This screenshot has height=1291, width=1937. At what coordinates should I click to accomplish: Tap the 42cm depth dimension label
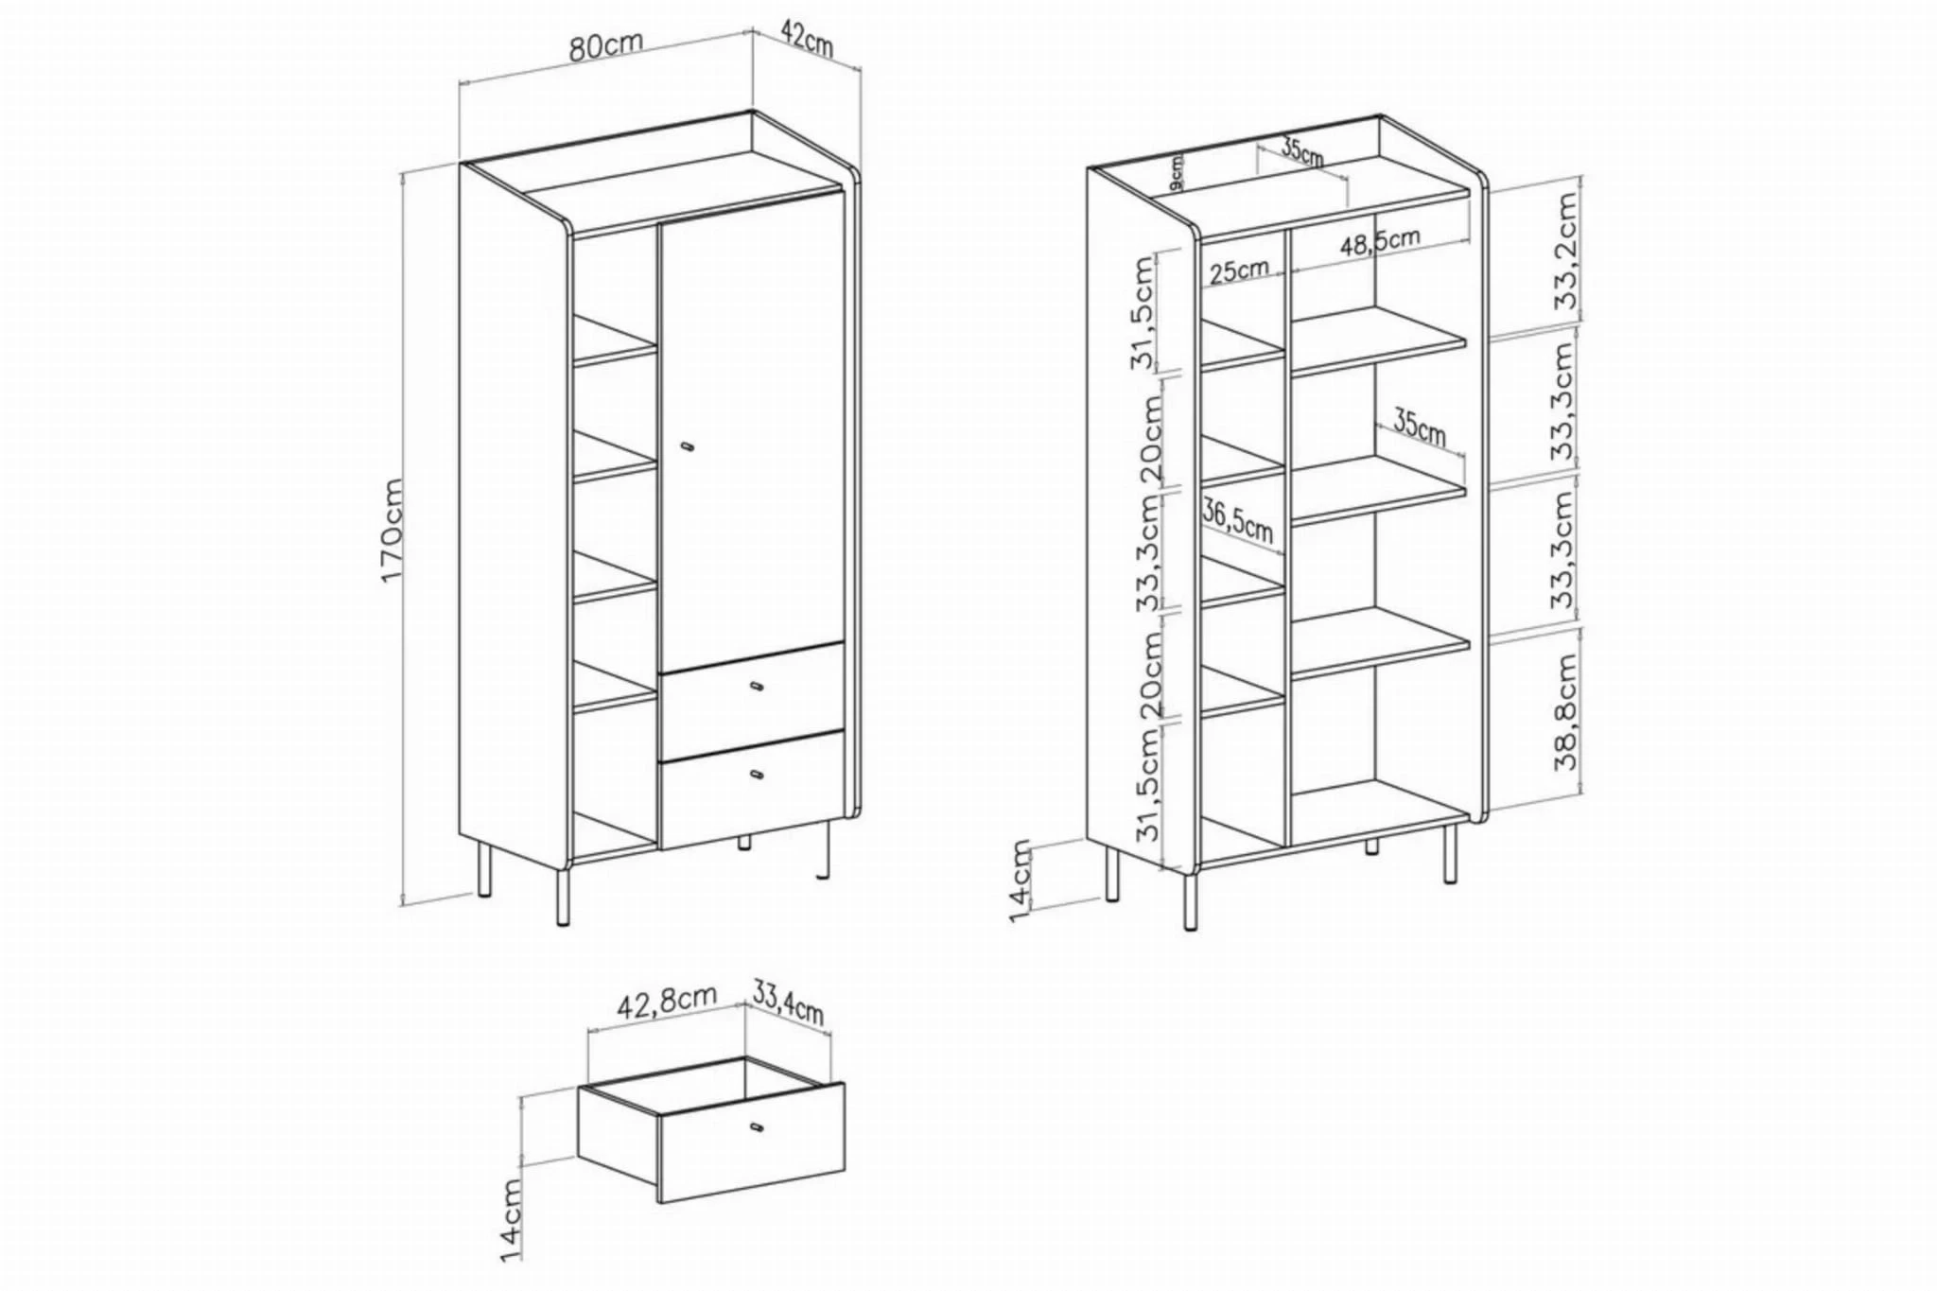[807, 38]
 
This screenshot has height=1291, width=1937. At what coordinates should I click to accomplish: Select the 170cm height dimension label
[393, 530]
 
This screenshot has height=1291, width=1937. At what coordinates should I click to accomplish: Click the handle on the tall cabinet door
[687, 445]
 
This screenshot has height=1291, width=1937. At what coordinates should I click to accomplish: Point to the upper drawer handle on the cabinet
[756, 686]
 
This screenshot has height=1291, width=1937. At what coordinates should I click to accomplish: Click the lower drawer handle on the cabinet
[756, 776]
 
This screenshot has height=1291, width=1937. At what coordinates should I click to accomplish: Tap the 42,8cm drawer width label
[667, 1001]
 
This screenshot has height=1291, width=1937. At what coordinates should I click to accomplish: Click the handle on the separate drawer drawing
[756, 1126]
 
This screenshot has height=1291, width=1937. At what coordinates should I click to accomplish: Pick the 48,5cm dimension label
[1380, 242]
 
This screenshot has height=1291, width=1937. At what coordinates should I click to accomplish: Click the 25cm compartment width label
[1239, 270]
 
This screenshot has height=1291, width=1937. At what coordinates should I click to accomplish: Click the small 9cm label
[1176, 174]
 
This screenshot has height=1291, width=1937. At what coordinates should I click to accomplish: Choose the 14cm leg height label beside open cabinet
[1021, 881]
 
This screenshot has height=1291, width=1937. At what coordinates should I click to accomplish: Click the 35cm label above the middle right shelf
[1419, 427]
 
